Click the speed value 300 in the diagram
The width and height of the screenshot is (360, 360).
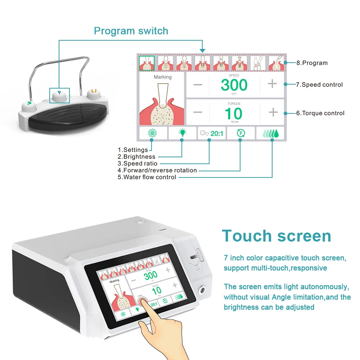click(x=234, y=85)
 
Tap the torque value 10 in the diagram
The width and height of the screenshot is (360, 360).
click(x=233, y=114)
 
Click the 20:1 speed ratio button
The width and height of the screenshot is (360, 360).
click(x=212, y=134)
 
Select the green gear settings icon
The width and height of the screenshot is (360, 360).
click(x=152, y=134)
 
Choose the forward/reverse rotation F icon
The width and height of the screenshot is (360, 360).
click(x=241, y=134)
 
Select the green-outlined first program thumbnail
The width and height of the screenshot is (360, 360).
click(x=147, y=63)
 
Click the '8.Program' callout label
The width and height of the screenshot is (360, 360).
click(x=312, y=63)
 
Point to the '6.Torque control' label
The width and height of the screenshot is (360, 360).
click(x=320, y=113)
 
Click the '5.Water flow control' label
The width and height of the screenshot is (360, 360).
click(x=147, y=177)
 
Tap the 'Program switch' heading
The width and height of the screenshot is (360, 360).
click(x=131, y=31)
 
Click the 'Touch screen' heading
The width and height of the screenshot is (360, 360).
click(x=276, y=236)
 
